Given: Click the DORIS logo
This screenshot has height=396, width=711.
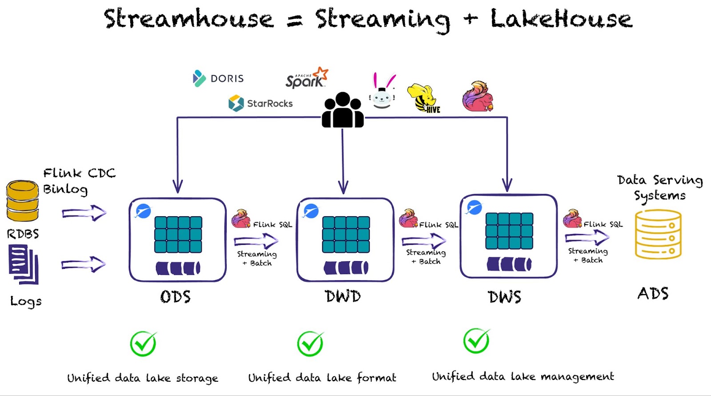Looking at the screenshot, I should pos(218,78).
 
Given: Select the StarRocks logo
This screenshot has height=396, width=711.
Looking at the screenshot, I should pos(260,103).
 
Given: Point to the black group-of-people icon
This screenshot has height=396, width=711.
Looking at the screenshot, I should pos(343,110).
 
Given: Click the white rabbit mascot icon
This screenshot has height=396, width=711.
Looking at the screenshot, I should pos(382,92).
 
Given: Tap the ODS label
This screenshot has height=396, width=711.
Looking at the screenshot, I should pos(176,297).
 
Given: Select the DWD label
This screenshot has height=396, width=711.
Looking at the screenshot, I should pos(343,296).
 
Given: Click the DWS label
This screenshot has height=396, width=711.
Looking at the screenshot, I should pos(504,297).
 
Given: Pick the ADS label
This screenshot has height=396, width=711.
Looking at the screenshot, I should pos(653,294).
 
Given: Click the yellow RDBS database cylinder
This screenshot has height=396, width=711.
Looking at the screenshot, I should pos(22,201).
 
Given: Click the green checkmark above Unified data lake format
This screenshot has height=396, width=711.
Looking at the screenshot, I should pos(310,343).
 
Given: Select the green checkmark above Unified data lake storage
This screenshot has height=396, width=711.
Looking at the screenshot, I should pos(143,343).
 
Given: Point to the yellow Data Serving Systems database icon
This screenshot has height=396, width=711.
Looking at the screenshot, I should pos(658,234).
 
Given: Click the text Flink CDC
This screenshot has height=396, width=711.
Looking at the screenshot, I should pos(80,173).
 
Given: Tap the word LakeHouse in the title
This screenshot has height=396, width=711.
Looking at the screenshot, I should pos(561,19).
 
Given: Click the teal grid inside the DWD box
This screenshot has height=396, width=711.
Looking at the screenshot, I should pos(346,234).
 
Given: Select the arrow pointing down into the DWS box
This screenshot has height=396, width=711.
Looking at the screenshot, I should pos(507,178).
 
